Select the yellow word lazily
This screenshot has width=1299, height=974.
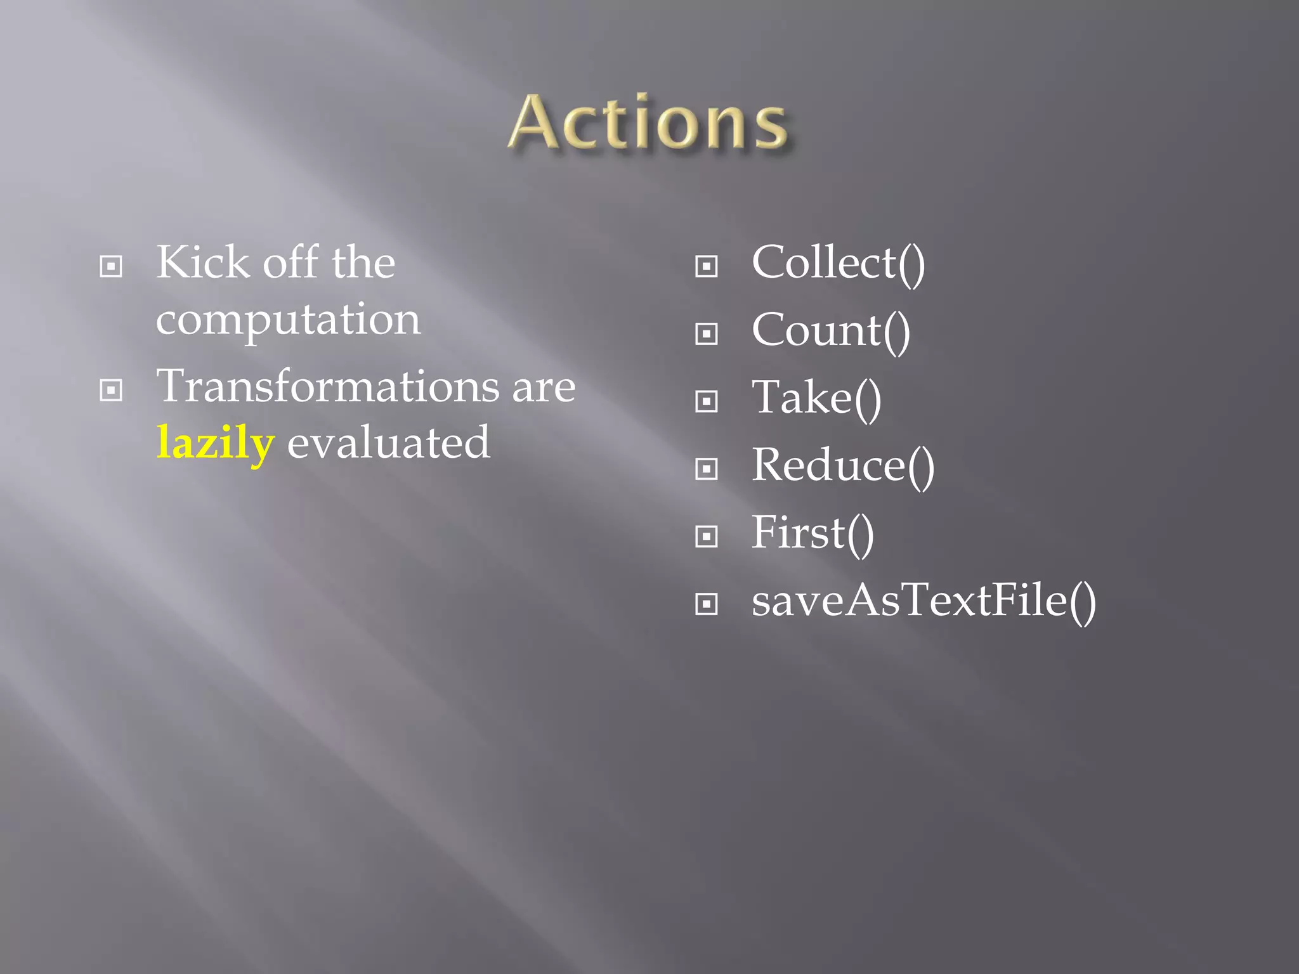pyautogui.click(x=216, y=443)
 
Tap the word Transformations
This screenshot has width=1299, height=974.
pyautogui.click(x=327, y=386)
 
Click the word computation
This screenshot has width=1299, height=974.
pyautogui.click(x=288, y=320)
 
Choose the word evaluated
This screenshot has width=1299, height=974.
pyautogui.click(x=388, y=443)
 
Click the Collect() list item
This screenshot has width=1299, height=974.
pyautogui.click(x=838, y=263)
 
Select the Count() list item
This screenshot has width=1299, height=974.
pyautogui.click(x=830, y=331)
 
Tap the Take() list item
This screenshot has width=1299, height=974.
pyautogui.click(x=816, y=398)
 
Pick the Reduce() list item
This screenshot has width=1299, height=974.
pyautogui.click(x=842, y=466)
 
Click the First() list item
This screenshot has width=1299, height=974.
pyautogui.click(x=813, y=533)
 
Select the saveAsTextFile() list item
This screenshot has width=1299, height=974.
pyautogui.click(x=924, y=601)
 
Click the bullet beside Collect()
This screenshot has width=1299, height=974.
pyautogui.click(x=706, y=266)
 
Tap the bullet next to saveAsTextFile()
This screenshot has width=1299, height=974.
pyautogui.click(x=706, y=604)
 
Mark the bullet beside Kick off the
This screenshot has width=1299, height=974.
pyautogui.click(x=111, y=266)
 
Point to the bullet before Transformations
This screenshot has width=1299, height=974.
pyautogui.click(x=111, y=390)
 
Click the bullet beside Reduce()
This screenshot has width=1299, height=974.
pyautogui.click(x=706, y=469)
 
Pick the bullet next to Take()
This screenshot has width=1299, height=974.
pyautogui.click(x=706, y=401)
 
